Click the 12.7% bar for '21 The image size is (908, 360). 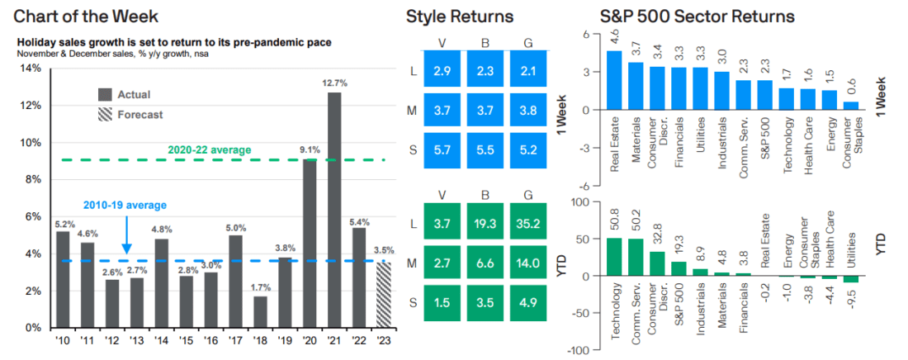(x=334, y=210)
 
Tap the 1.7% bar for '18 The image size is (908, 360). (x=260, y=311)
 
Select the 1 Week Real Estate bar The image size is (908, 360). (x=614, y=80)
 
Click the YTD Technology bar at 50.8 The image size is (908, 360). (x=614, y=257)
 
